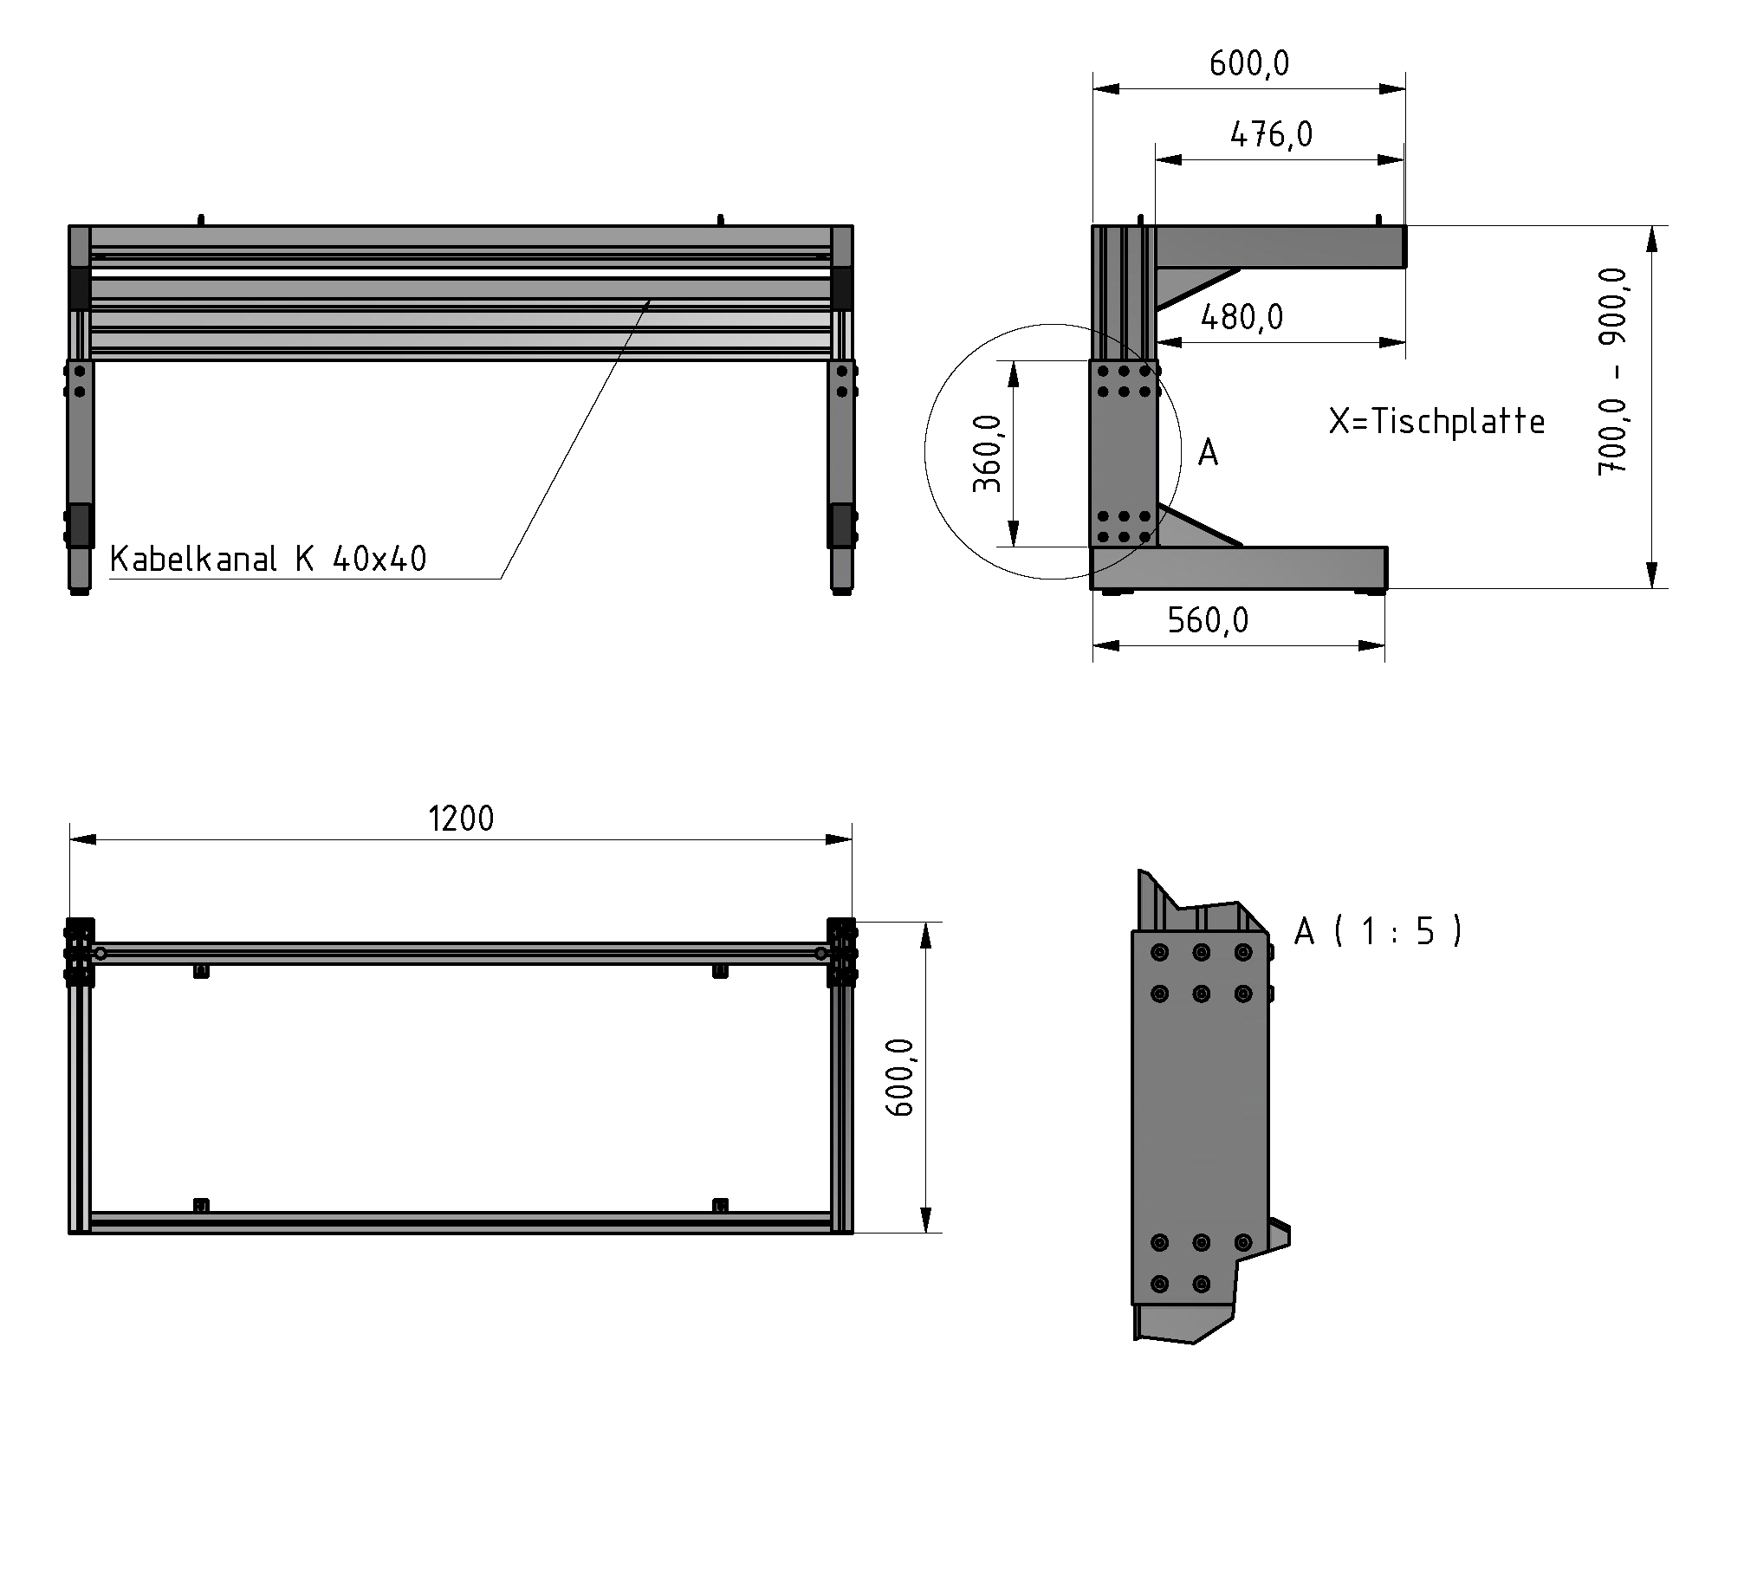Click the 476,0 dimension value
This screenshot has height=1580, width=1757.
click(x=1271, y=134)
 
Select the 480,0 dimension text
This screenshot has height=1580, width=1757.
click(x=1242, y=317)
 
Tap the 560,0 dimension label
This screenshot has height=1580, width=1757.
click(x=1208, y=620)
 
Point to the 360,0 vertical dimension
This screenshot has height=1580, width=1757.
click(x=987, y=452)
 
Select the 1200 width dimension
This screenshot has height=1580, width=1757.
click(x=461, y=819)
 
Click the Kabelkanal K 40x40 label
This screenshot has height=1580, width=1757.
click(x=269, y=559)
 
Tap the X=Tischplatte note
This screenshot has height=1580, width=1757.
click(x=1436, y=422)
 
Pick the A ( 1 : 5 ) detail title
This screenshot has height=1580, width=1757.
click(x=1378, y=931)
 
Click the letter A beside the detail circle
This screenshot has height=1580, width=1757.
click(x=1208, y=453)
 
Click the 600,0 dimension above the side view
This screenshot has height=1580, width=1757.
click(x=1249, y=63)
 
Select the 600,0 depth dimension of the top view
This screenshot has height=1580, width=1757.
click(x=900, y=1077)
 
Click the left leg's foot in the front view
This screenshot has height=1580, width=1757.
click(x=80, y=589)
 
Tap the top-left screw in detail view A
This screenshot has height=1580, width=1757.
click(x=1159, y=952)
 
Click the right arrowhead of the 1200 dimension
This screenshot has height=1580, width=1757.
click(x=840, y=839)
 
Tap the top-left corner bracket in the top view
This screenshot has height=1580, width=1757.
click(x=80, y=951)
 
